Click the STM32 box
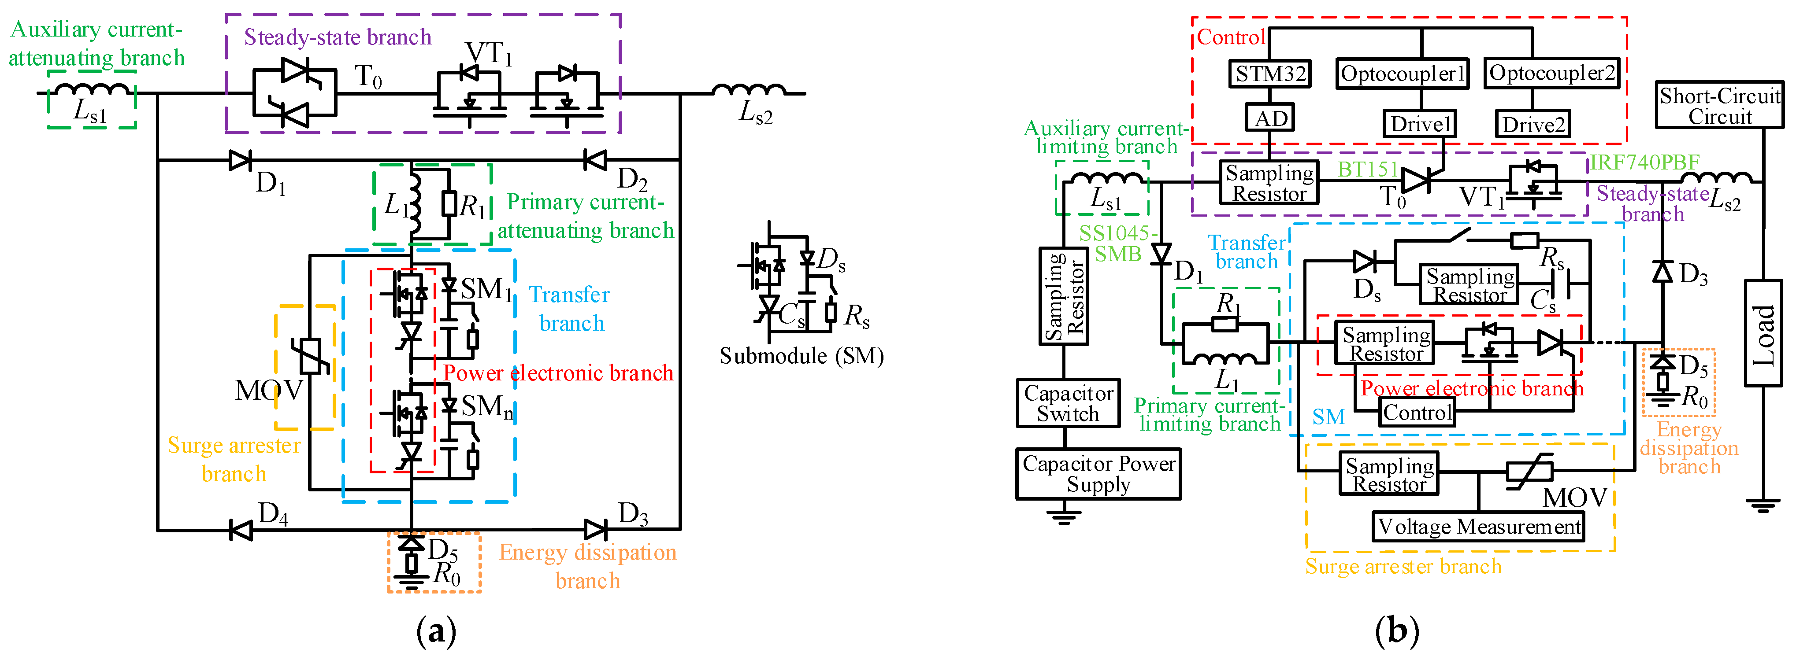[1269, 74]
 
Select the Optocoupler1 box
[1402, 74]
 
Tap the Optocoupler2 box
[1551, 73]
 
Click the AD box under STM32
[1269, 118]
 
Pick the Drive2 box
[1533, 125]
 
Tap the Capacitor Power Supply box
[1098, 474]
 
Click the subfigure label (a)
[436, 631]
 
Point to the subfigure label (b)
[1396, 631]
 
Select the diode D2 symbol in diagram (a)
[595, 160]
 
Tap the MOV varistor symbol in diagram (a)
[310, 356]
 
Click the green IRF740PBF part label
[1644, 162]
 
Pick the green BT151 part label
[1368, 170]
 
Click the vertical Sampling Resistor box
[1063, 297]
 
